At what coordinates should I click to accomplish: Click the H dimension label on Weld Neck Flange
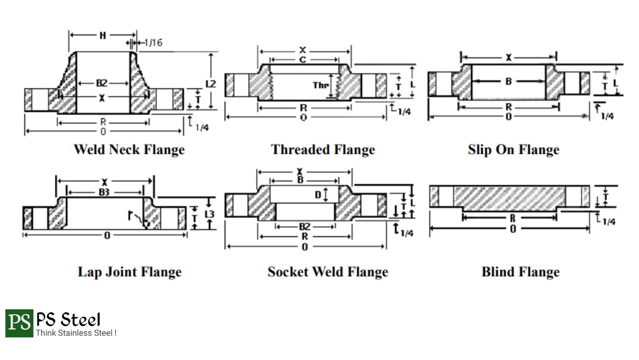103,35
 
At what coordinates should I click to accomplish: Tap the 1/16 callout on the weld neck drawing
154,43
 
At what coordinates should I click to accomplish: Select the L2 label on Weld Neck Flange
211,84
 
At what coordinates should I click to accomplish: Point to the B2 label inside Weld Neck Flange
102,83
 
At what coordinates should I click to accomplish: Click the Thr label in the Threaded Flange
321,85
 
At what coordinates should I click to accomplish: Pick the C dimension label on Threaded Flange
303,60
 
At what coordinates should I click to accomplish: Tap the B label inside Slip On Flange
508,81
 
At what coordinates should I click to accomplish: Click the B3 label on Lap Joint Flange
104,192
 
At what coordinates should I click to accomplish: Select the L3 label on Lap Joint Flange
209,214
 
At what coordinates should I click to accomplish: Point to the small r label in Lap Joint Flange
130,215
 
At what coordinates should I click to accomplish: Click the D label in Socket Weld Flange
318,195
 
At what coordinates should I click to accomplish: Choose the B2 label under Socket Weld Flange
304,226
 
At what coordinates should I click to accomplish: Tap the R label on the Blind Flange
513,218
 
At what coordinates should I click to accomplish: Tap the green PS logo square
19,323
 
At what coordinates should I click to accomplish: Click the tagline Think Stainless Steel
76,333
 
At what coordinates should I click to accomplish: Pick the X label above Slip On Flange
508,58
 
